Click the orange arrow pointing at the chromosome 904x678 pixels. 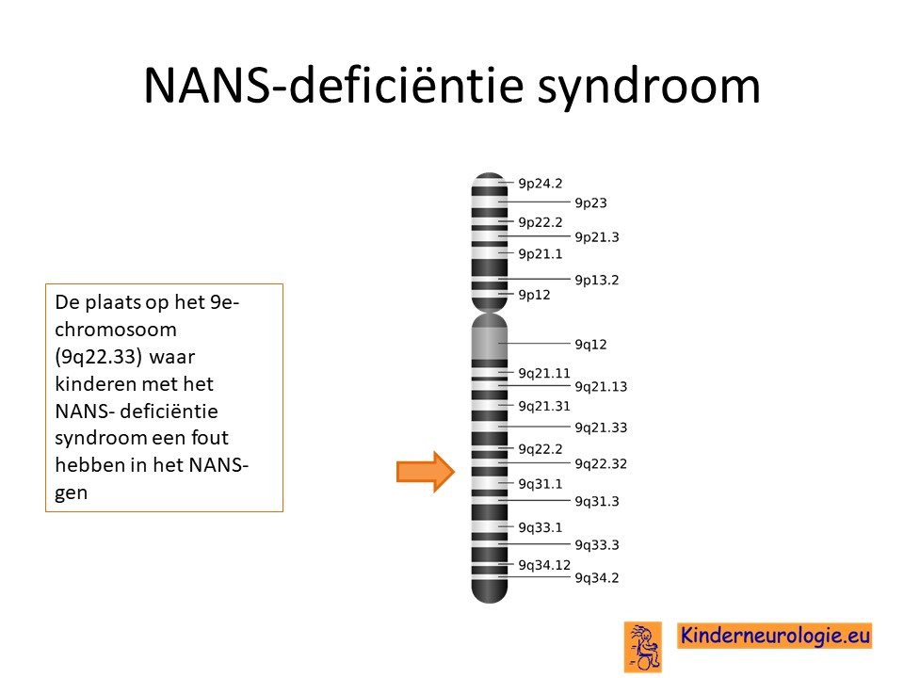coord(426,472)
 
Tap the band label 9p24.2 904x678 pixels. coord(541,184)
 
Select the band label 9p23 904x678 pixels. coord(591,203)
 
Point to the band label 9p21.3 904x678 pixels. coord(597,237)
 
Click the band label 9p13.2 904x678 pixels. coord(597,281)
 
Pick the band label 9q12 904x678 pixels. coord(591,345)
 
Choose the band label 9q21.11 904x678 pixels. coord(544,374)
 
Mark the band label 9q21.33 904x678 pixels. coord(601,428)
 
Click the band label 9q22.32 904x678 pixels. coord(601,464)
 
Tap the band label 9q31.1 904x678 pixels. coord(541,484)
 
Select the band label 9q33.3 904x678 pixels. coord(597,545)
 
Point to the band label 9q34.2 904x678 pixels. coord(597,578)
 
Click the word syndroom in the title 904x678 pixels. coord(649,87)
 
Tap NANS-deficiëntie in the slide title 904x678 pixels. coord(333,85)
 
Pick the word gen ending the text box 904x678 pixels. coord(71,494)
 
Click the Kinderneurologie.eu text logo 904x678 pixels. coord(774,636)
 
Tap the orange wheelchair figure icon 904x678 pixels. coord(643,647)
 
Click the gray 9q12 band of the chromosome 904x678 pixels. coord(490,344)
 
